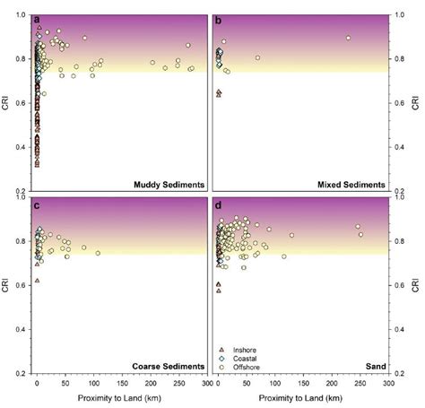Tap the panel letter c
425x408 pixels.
click(x=36, y=203)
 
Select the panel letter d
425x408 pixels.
click(x=219, y=203)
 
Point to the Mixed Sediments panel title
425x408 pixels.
click(x=351, y=184)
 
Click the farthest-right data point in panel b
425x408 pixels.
click(x=348, y=38)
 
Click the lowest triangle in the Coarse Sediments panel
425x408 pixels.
click(x=37, y=281)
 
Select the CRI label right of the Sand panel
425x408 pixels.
click(x=416, y=286)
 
